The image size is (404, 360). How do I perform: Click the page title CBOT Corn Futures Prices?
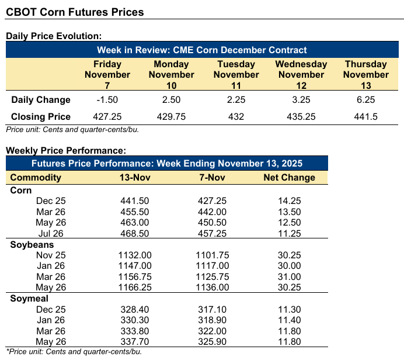(75, 12)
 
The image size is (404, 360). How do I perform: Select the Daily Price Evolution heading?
(54, 36)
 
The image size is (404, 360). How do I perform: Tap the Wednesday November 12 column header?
(301, 74)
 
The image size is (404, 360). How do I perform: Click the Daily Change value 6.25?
(366, 99)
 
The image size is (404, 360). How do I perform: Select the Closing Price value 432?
(236, 116)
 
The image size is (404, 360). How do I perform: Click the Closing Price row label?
(41, 116)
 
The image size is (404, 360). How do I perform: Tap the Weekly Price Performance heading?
(65, 150)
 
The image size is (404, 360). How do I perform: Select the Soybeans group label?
(32, 244)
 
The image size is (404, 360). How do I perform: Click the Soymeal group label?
(29, 298)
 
